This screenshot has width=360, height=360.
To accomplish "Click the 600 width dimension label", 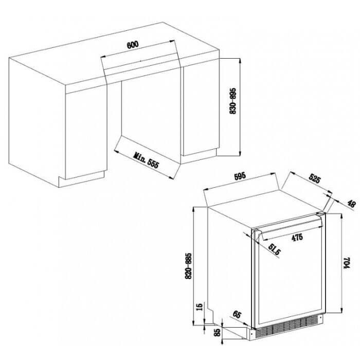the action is [133, 45].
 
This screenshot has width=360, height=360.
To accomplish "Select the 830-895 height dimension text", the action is [232, 101].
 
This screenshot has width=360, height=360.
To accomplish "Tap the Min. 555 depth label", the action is [146, 160].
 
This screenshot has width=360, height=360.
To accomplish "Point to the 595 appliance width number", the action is [240, 176].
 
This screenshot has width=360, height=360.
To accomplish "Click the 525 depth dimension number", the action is [314, 178].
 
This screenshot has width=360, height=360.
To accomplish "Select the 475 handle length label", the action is [297, 238].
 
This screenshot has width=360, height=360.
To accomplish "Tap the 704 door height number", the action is [346, 262].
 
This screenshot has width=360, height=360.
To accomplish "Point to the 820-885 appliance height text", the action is [188, 266].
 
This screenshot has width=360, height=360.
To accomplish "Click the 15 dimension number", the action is [200, 307].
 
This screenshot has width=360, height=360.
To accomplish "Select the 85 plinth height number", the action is [217, 332].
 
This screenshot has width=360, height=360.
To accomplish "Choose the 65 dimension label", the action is [237, 314].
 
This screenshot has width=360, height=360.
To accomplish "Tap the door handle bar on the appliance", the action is [291, 227].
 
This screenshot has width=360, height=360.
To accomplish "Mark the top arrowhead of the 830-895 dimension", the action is [240, 60].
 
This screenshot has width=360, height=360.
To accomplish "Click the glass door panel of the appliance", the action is [290, 274].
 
